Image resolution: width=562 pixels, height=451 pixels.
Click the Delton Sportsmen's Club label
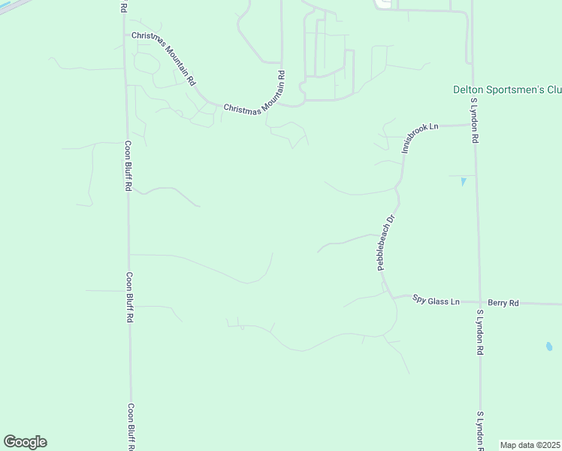click(507, 89)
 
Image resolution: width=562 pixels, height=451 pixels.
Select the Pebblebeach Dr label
click(385, 243)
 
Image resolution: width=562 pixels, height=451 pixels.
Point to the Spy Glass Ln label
click(436, 301)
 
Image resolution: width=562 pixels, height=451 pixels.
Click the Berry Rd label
click(503, 303)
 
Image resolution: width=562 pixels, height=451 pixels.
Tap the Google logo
click(25, 442)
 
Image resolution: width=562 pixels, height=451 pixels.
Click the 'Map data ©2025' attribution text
click(530, 445)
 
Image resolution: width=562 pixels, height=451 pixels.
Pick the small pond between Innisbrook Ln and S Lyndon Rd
click(463, 181)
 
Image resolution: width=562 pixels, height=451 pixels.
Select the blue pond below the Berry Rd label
click(548, 347)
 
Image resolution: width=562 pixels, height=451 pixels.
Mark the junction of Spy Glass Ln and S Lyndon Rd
click(479, 302)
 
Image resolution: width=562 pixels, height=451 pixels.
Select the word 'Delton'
click(467, 89)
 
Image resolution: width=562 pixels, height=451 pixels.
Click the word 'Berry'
click(497, 303)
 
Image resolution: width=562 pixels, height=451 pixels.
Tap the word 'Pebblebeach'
click(385, 248)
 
